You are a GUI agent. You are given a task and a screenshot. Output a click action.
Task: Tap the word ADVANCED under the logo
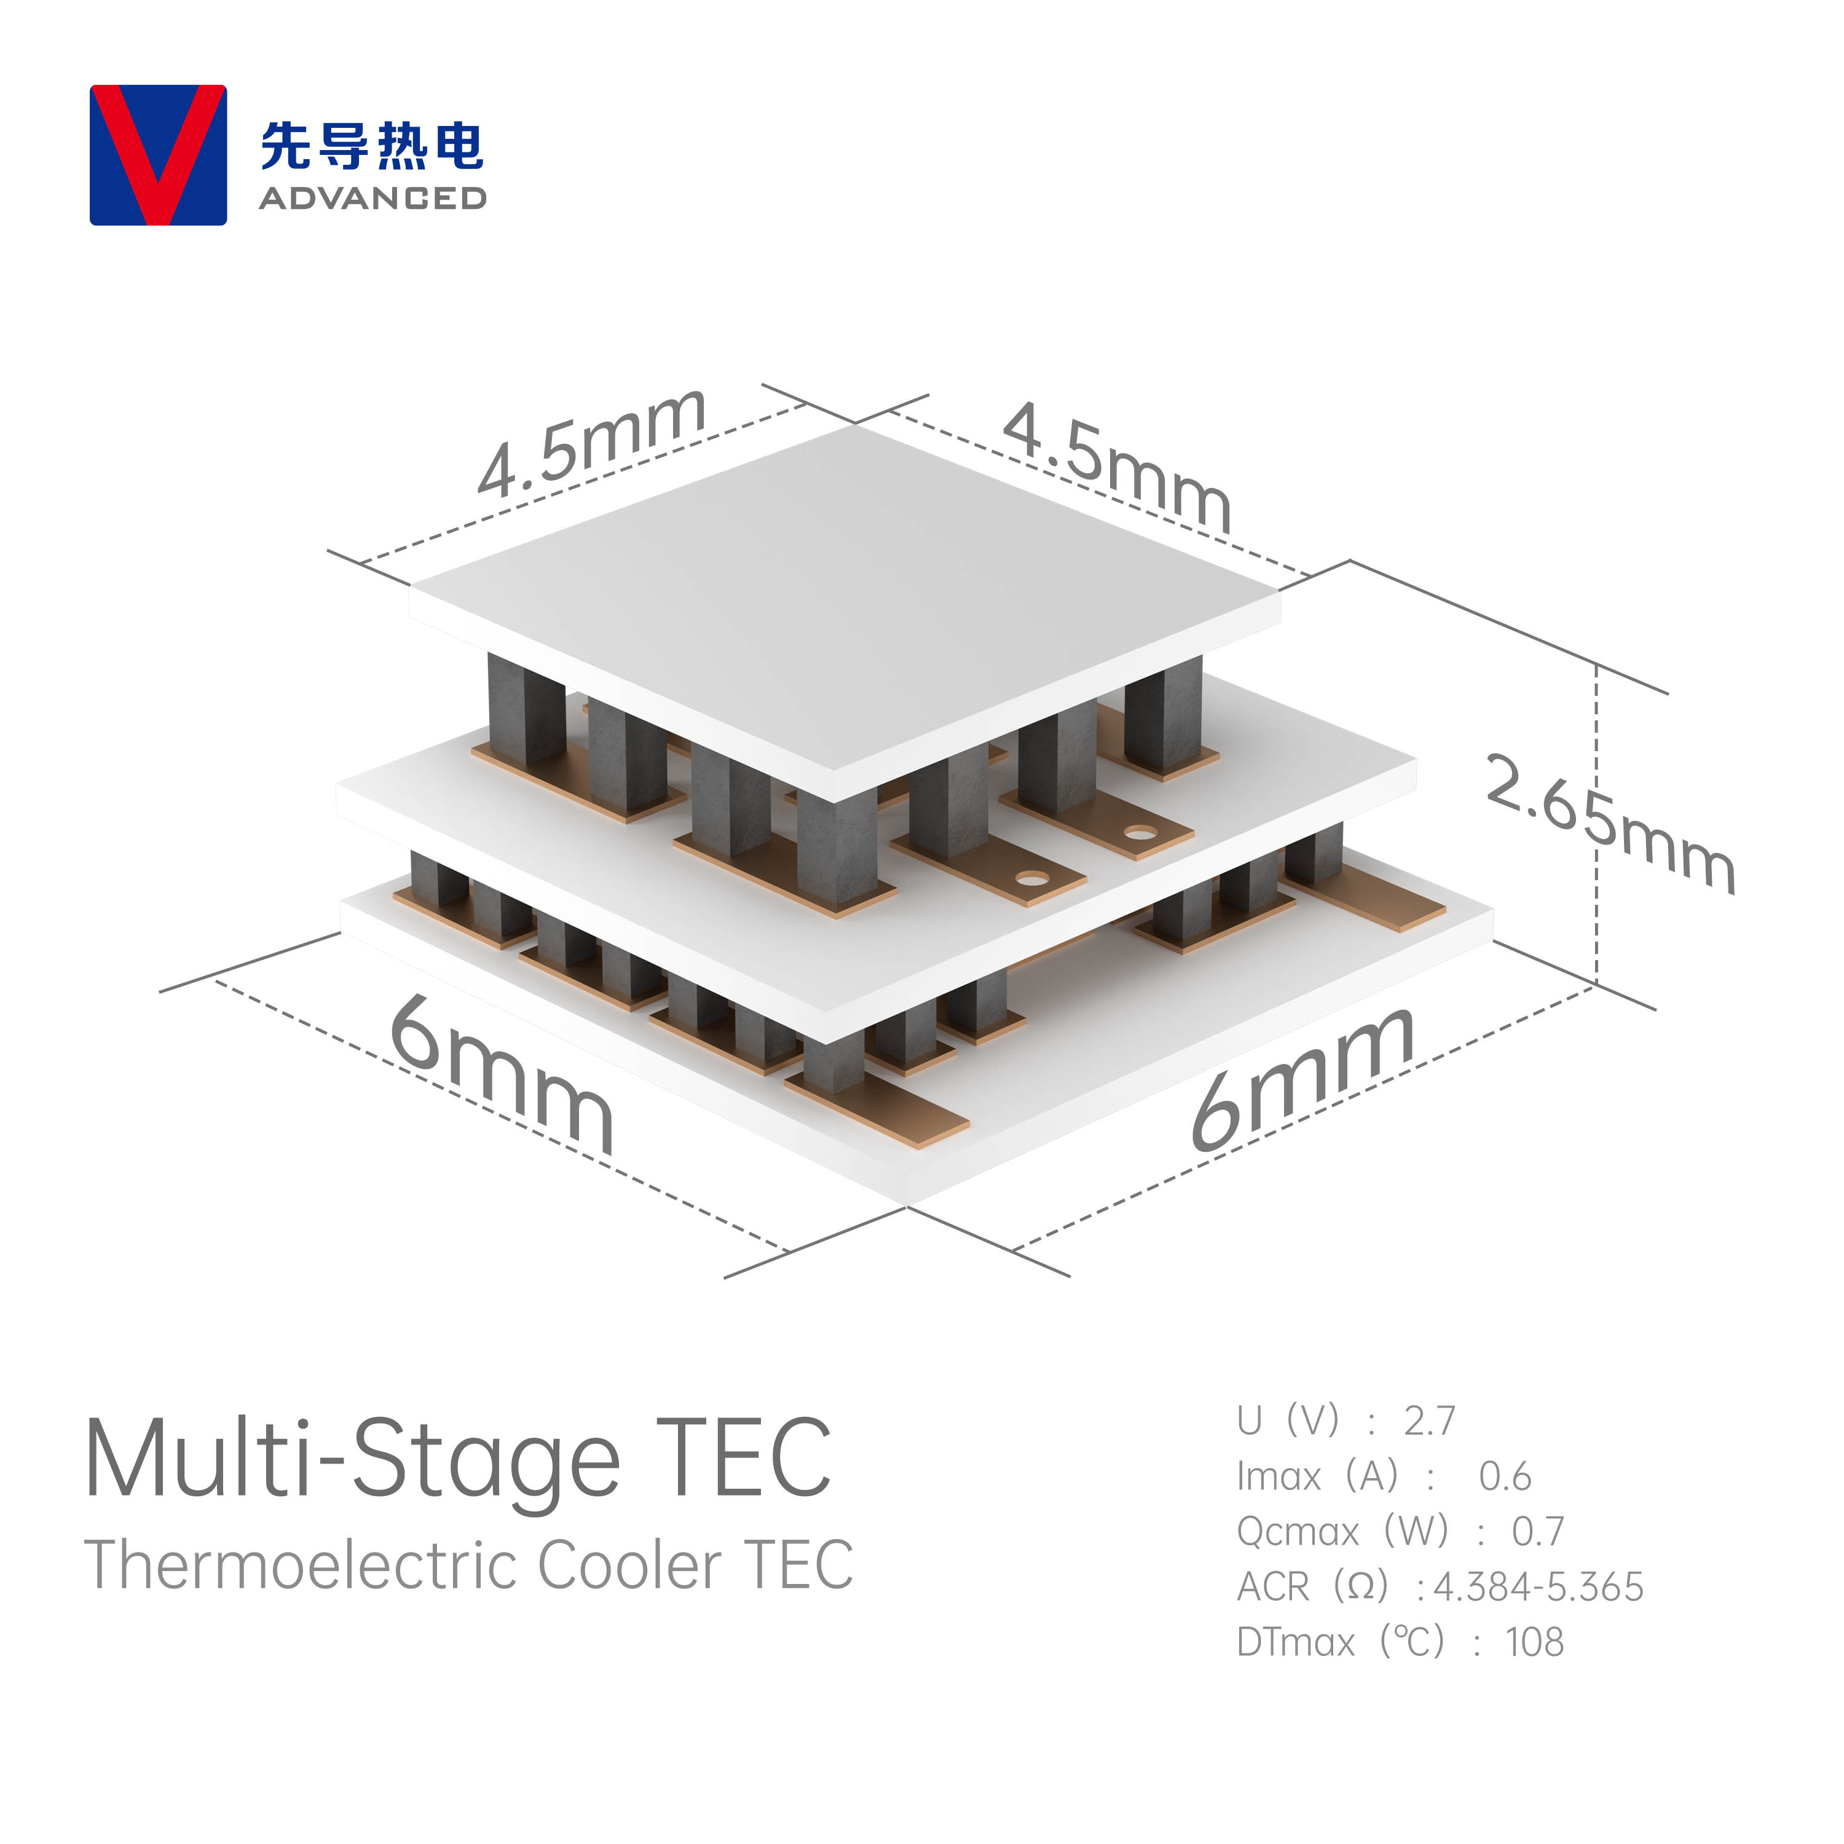(x=372, y=199)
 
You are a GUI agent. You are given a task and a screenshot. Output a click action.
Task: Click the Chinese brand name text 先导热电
(x=372, y=146)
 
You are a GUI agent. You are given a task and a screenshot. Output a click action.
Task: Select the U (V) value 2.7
(x=1429, y=1421)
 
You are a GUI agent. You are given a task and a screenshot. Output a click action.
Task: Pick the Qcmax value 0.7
(x=1538, y=1532)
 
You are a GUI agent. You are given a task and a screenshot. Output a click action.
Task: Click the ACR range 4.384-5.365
(x=1539, y=1587)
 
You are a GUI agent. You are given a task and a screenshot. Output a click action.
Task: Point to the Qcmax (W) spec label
(x=1342, y=1532)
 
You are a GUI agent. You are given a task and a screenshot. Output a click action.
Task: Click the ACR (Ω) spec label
(x=1312, y=1587)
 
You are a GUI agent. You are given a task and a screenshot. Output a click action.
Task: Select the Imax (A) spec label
(x=1317, y=1476)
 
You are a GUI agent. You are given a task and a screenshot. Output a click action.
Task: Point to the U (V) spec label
(x=1288, y=1421)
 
